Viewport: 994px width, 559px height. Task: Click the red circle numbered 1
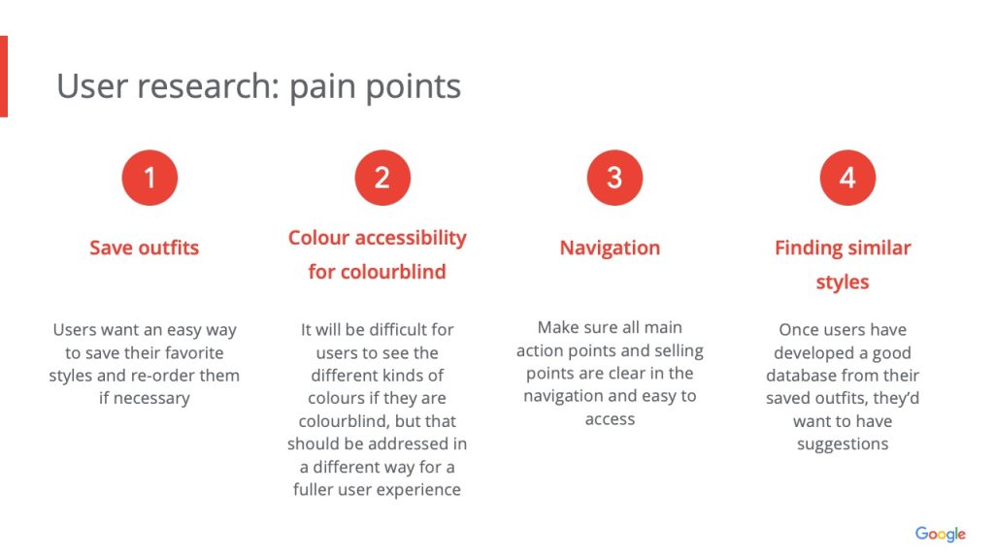coord(149,178)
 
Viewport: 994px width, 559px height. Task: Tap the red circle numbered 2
coord(382,178)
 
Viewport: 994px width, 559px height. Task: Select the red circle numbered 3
coord(614,178)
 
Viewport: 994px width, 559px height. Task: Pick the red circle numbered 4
coord(847,178)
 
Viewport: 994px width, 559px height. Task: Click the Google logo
coord(940,535)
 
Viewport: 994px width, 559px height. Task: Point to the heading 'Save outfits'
coord(144,247)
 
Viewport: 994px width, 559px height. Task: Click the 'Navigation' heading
coord(610,247)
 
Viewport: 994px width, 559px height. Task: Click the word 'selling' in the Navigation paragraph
coord(679,351)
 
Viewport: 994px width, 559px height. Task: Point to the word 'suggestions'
coord(843,444)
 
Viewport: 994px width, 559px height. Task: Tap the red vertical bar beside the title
coord(4,77)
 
